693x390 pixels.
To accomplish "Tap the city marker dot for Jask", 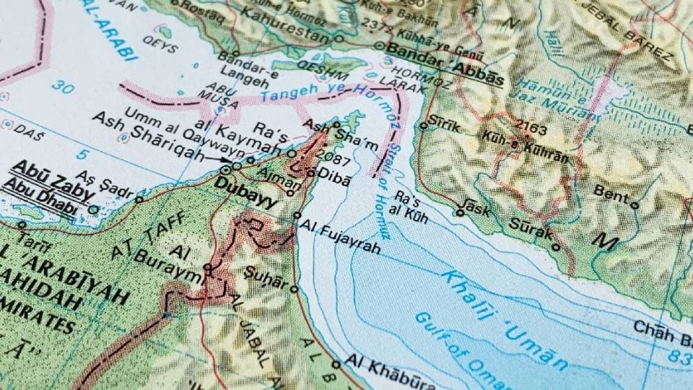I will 460,212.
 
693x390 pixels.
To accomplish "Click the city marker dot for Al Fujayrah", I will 297,215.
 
